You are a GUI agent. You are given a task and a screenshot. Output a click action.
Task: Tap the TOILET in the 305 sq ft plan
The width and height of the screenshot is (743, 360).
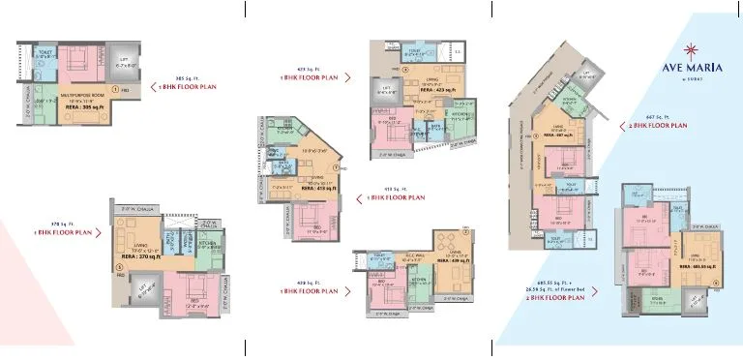coord(44,55)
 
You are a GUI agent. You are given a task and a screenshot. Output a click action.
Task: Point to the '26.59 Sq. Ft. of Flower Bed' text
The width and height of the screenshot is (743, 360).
coord(556,291)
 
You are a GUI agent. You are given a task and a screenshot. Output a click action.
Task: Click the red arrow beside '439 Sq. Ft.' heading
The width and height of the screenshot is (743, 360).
coord(347,290)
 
